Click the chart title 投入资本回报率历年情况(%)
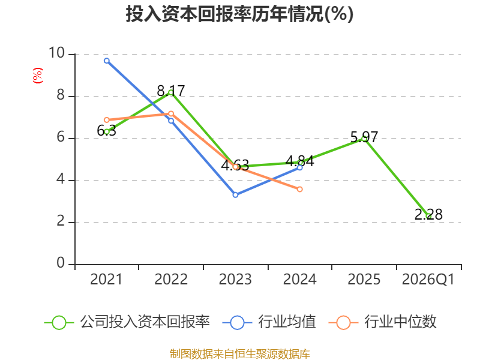(x=239, y=14)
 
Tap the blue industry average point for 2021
(x=107, y=61)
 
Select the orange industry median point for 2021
(x=107, y=119)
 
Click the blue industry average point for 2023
(x=235, y=194)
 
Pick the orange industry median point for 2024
(x=299, y=189)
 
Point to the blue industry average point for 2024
(x=299, y=167)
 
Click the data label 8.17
(x=171, y=91)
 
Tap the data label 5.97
(x=364, y=137)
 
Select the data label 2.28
(x=428, y=214)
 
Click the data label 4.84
(x=299, y=161)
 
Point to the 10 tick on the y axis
(x=56, y=53)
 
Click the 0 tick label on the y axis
(x=61, y=263)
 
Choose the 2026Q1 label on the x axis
(x=428, y=280)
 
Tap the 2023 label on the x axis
(x=235, y=280)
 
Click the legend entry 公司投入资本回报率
(x=127, y=322)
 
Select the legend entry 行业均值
(x=269, y=322)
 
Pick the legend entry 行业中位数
(x=382, y=322)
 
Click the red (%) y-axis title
(x=38, y=76)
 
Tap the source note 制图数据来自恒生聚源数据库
(x=239, y=354)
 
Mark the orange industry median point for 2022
(x=171, y=113)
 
